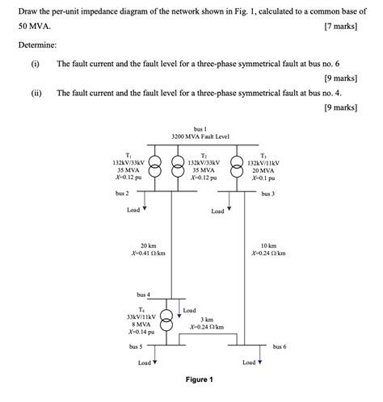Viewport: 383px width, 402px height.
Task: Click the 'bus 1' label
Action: tap(200, 129)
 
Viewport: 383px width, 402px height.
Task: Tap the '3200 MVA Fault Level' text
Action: tap(200, 137)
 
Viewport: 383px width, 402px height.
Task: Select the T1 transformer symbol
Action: tap(155, 166)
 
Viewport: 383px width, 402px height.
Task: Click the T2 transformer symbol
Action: tap(172, 166)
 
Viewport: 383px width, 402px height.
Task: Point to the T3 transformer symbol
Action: tap(238, 166)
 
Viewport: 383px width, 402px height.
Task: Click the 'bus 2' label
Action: tap(122, 194)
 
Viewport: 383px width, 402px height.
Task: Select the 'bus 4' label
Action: tap(143, 295)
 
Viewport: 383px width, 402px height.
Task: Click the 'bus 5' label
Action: tap(136, 346)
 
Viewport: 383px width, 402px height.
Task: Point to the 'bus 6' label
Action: tap(280, 346)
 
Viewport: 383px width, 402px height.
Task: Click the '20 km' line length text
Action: tap(148, 245)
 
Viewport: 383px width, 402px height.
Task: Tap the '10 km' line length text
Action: tap(268, 245)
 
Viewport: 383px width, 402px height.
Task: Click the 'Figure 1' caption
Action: tap(199, 379)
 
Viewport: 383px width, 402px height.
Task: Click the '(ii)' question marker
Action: tap(35, 93)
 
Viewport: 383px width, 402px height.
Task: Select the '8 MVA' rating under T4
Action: tap(141, 324)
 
